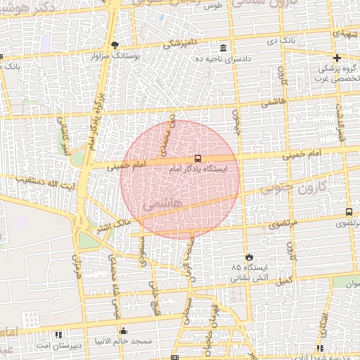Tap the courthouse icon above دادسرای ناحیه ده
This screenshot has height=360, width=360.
tap(223, 48)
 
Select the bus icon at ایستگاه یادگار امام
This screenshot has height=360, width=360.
tap(198, 158)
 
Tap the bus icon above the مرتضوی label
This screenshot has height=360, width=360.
tap(349, 212)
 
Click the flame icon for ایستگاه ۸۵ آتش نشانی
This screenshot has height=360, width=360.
tap(248, 257)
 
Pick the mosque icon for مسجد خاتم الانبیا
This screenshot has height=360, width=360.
tap(124, 331)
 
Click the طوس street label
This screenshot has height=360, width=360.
tap(212, 6)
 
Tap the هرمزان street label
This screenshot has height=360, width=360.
tap(77, 265)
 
